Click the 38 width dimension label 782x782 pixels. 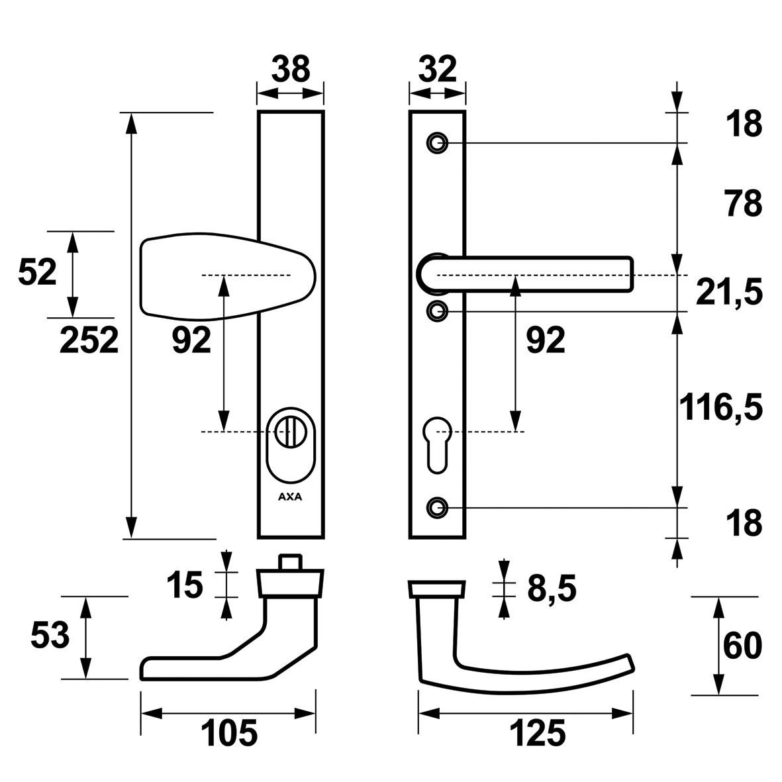(x=291, y=69)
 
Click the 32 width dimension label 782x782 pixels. (x=438, y=69)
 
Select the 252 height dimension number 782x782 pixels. (x=89, y=340)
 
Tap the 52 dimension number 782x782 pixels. (x=37, y=273)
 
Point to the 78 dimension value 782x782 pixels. (x=744, y=203)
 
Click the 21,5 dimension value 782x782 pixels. (x=729, y=293)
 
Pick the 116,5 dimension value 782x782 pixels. (x=721, y=407)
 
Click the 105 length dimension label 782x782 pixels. (x=229, y=733)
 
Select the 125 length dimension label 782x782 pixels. (x=537, y=733)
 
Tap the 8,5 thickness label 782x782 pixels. (x=552, y=589)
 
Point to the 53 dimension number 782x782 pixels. (x=50, y=636)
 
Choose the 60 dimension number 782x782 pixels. (x=742, y=646)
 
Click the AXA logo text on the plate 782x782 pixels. (x=290, y=497)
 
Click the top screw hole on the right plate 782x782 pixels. (x=438, y=143)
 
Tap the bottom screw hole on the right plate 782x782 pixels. (x=438, y=508)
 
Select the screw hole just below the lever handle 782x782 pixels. (x=438, y=311)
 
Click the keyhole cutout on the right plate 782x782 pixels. (x=437, y=444)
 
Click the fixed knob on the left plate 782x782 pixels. (x=228, y=275)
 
